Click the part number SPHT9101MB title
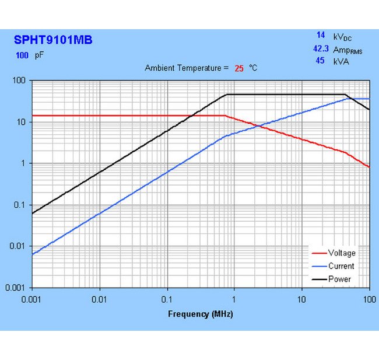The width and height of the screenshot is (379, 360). coord(53,40)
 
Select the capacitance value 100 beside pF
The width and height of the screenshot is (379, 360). coord(22,56)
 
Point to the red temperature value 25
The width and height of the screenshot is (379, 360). coord(239,68)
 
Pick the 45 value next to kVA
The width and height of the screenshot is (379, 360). coord(320,61)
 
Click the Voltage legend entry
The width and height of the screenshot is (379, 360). coord(341,253)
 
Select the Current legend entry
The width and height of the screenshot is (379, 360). coord(341,266)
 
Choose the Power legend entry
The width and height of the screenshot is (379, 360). coord(339,279)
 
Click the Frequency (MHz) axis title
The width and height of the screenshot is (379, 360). coord(201,314)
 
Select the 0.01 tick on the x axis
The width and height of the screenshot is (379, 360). coord(100,299)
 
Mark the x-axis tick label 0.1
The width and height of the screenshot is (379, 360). coord(167,299)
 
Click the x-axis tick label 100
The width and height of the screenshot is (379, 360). coord(369,299)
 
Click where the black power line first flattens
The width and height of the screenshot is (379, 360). coord(227,95)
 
